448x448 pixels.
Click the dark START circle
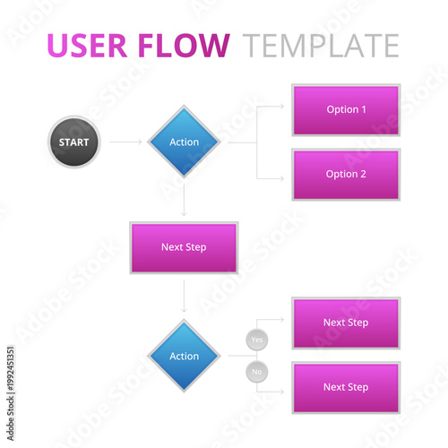[73, 142]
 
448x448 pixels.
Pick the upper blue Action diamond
[184, 142]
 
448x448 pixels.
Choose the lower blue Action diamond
[184, 356]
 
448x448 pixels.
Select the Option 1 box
[346, 109]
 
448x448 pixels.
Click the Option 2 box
[346, 174]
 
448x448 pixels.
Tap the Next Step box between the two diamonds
[184, 247]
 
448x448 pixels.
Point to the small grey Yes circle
[257, 340]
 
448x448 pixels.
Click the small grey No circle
[257, 371]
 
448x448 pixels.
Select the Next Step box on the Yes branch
[346, 323]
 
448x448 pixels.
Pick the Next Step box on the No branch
[346, 387]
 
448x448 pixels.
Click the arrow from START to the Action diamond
[125, 142]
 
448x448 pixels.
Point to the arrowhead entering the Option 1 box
[281, 109]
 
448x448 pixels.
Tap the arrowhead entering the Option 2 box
[281, 174]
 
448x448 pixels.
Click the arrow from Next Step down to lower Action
[184, 296]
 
